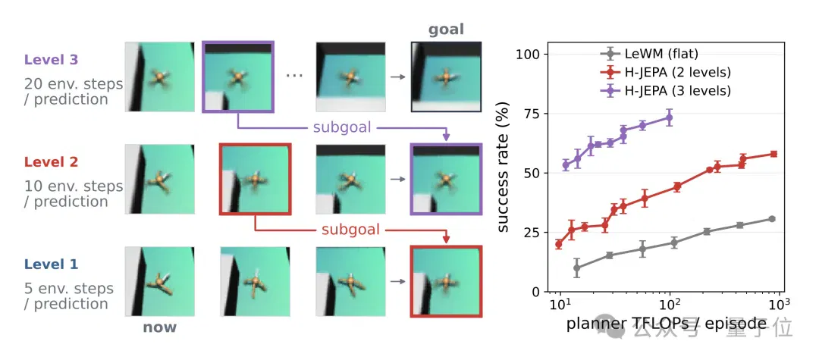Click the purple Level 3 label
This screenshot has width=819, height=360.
52,59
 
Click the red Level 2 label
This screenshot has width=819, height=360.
52,162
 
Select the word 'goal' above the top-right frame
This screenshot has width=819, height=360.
446,30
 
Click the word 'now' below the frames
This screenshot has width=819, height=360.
159,327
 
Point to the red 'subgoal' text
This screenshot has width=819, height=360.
350,230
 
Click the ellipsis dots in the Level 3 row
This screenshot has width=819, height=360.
294,77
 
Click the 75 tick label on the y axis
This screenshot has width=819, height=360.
532,114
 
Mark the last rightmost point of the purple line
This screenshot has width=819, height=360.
669,117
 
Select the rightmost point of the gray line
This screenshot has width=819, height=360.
772,218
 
